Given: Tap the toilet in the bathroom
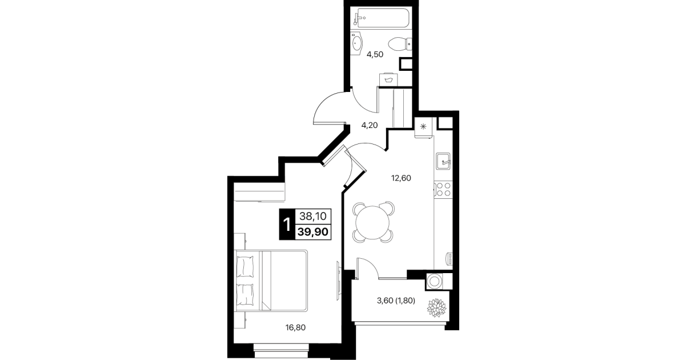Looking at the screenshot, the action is (x=400, y=44).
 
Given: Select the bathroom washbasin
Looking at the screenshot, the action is (x=357, y=43).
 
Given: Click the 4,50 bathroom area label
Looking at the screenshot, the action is (x=375, y=54).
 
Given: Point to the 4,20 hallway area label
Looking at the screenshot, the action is (x=370, y=125).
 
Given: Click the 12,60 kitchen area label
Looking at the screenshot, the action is (x=401, y=178).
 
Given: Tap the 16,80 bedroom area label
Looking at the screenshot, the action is (x=295, y=327).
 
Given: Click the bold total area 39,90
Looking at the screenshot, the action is (x=313, y=232).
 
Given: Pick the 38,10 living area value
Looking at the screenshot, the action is (x=313, y=217).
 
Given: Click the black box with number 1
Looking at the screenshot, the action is (x=287, y=224).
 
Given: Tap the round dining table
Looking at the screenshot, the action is (x=372, y=222).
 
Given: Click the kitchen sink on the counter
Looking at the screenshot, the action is (x=443, y=161).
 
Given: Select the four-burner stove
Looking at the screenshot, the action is (x=443, y=189).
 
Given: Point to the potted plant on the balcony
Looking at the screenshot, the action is (x=436, y=308).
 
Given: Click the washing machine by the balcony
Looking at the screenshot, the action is (x=434, y=281).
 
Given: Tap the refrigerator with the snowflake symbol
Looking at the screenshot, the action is (x=423, y=126).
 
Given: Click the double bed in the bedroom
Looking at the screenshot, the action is (x=271, y=281).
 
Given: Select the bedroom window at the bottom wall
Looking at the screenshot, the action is (x=281, y=351).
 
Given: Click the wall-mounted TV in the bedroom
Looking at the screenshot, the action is (x=338, y=281).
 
